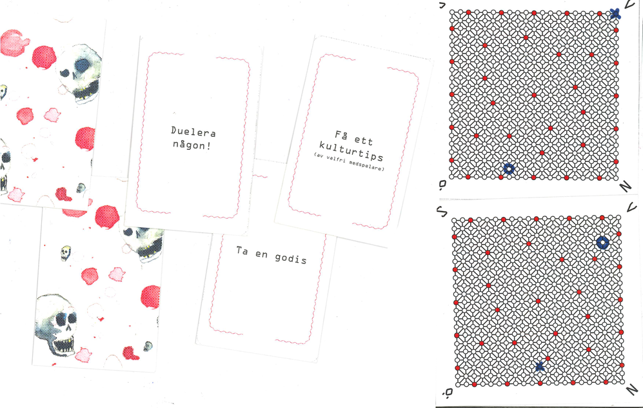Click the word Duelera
click(193, 132)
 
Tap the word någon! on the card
click(192, 145)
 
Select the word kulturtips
click(351, 151)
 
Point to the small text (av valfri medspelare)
click(349, 162)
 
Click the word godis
click(291, 258)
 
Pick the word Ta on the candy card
click(242, 250)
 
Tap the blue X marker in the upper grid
click(615, 14)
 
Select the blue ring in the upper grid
click(508, 168)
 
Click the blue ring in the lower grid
click(602, 243)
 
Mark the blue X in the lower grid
click(540, 367)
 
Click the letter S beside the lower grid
click(442, 211)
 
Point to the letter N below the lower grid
click(632, 389)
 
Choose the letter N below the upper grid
click(626, 187)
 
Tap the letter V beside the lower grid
click(632, 207)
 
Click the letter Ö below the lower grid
click(448, 393)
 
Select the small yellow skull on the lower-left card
click(66, 252)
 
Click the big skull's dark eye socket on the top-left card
click(83, 65)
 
